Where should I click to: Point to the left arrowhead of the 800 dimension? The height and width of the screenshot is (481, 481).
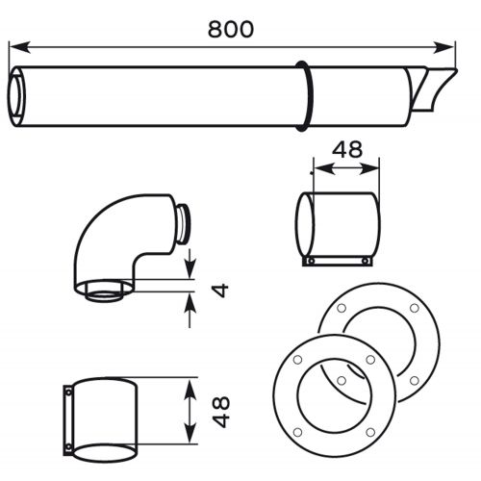[15, 44]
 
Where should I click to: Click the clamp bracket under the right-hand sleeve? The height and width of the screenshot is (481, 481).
[337, 260]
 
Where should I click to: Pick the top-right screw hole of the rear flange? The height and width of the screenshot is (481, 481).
[413, 308]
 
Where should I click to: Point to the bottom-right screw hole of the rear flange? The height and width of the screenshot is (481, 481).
[414, 381]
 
